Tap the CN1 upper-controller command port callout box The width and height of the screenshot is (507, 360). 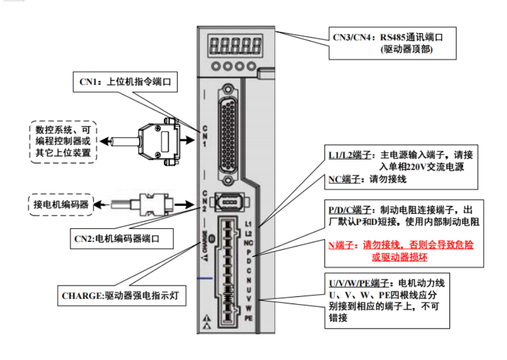pyautogui.click(x=124, y=83)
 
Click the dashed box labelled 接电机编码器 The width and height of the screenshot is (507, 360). pyautogui.click(x=60, y=204)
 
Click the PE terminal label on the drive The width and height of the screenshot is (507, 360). pyautogui.click(x=249, y=318)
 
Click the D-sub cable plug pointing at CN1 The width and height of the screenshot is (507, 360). pyautogui.click(x=160, y=140)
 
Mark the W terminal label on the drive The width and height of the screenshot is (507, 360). pyautogui.click(x=249, y=308)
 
